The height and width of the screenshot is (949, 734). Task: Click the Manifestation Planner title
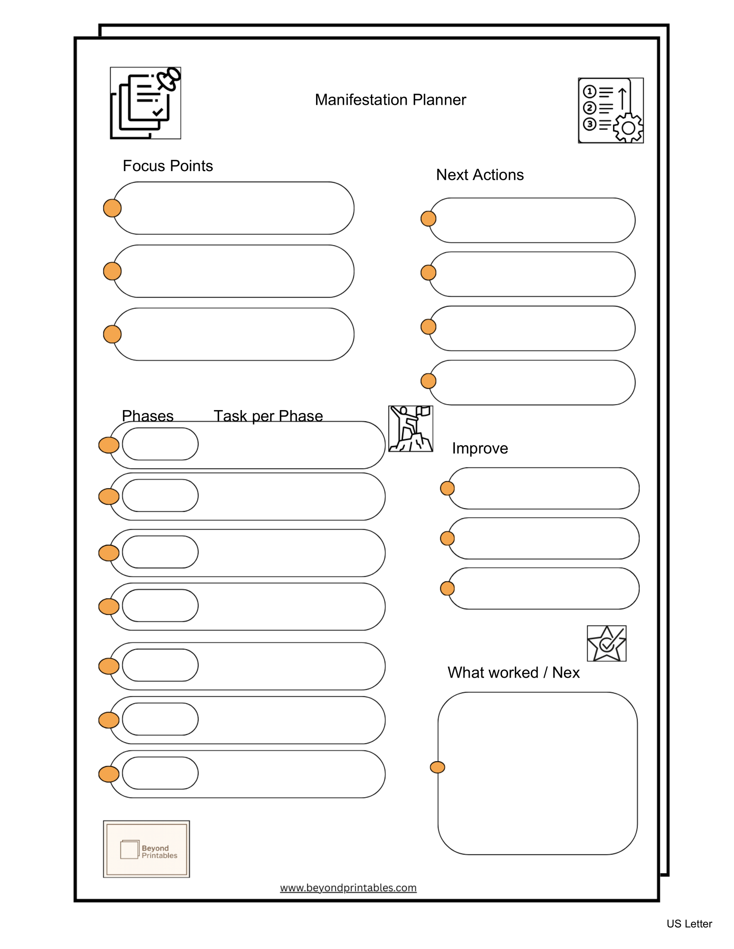point(390,99)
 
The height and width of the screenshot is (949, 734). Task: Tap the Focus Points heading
point(167,165)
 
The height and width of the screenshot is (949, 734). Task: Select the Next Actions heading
point(480,174)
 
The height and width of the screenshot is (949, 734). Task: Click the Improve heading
point(480,448)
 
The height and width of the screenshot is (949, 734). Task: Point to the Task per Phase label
point(268,416)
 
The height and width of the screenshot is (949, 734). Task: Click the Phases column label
point(147,416)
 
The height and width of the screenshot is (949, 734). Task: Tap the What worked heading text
point(513,672)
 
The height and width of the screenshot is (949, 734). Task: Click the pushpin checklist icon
point(145,103)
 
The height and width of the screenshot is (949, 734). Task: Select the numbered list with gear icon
point(611,110)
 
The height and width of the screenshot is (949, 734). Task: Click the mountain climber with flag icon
point(410,429)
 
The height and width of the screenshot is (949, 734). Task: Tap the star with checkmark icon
point(606,643)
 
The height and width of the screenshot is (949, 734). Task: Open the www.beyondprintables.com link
point(348,888)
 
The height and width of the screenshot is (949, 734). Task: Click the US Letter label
point(689,924)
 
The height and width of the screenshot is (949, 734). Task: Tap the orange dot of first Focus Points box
point(112,208)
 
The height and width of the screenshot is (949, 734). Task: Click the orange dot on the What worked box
point(437,767)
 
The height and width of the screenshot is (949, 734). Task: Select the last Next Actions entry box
point(532,383)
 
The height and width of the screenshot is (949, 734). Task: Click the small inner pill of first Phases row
point(160,444)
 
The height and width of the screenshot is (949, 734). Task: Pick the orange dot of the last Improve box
point(447,588)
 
